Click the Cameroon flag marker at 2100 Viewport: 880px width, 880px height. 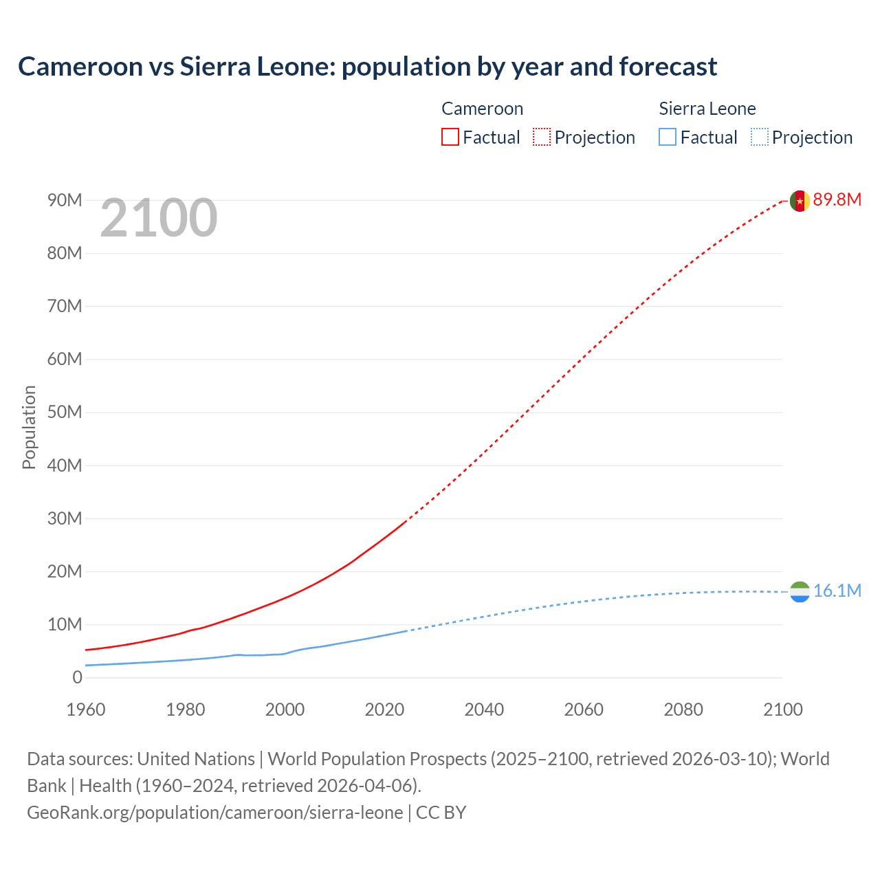(799, 201)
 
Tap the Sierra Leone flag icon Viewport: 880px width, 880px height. (799, 591)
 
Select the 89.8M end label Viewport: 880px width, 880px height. (837, 200)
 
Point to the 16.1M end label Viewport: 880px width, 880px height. (837, 591)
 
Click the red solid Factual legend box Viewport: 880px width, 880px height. (450, 137)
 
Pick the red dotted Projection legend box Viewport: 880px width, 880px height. (542, 137)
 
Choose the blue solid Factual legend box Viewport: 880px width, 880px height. (668, 137)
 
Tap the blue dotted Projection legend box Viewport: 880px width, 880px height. (760, 137)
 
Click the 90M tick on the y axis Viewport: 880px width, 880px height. (65, 200)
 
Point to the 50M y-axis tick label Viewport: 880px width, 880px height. (65, 412)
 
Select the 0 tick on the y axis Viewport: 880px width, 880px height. (77, 677)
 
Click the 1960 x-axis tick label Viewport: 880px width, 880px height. (86, 709)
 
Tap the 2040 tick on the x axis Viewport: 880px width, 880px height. (484, 709)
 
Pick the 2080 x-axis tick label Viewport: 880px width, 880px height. (683, 709)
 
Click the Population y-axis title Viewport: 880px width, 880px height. (29, 427)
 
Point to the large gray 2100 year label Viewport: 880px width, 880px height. (159, 219)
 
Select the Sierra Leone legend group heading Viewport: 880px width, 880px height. (707, 109)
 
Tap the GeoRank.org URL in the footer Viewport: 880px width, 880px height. (214, 813)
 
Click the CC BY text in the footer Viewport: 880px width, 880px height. (441, 813)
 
